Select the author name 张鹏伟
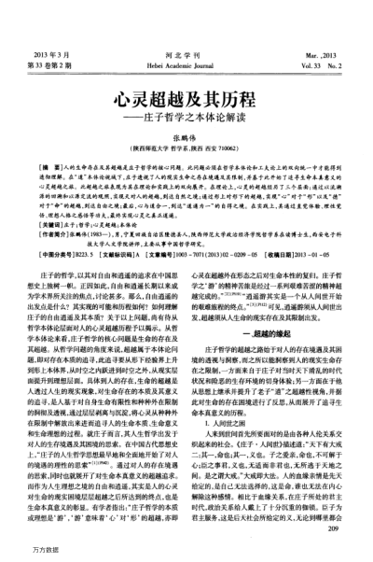coord(186,112)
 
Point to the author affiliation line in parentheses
coord(186,122)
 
